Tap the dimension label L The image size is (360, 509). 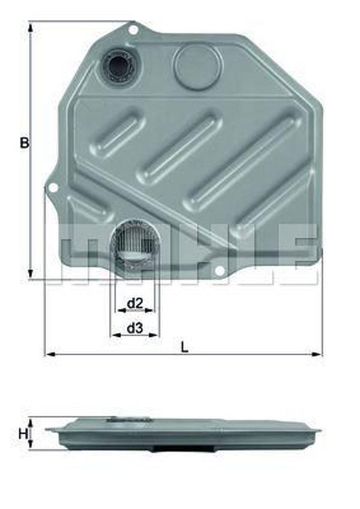185,347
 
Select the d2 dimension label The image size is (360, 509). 134,304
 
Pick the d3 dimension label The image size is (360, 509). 134,328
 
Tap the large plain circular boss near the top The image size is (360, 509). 197,64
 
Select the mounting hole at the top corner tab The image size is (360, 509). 133,28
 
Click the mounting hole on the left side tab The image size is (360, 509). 53,188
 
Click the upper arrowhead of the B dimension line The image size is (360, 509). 29,26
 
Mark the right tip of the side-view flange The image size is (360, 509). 319,430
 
